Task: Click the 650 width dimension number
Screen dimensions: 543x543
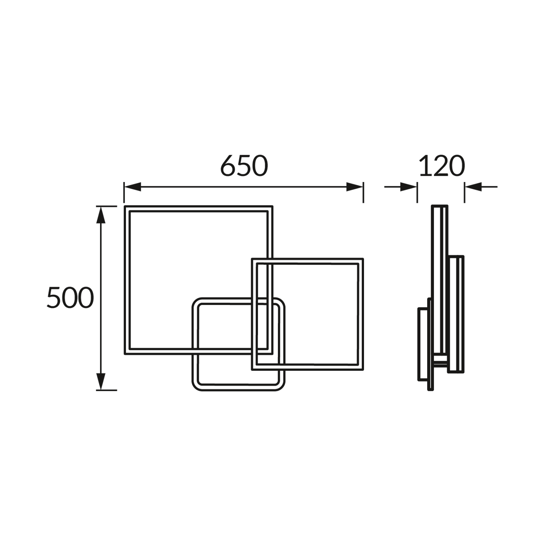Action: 244,166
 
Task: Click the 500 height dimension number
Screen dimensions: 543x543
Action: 70,297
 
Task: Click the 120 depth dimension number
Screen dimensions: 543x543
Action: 441,166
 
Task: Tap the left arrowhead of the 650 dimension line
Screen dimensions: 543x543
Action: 132,187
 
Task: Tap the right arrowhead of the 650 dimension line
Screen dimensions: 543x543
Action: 355,187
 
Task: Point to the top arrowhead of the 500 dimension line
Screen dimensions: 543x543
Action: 101,215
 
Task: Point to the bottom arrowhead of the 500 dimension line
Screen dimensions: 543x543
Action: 101,381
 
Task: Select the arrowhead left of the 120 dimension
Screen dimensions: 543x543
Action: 409,187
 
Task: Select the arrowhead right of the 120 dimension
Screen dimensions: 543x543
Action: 473,187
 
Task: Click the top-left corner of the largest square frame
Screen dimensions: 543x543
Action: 125,207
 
